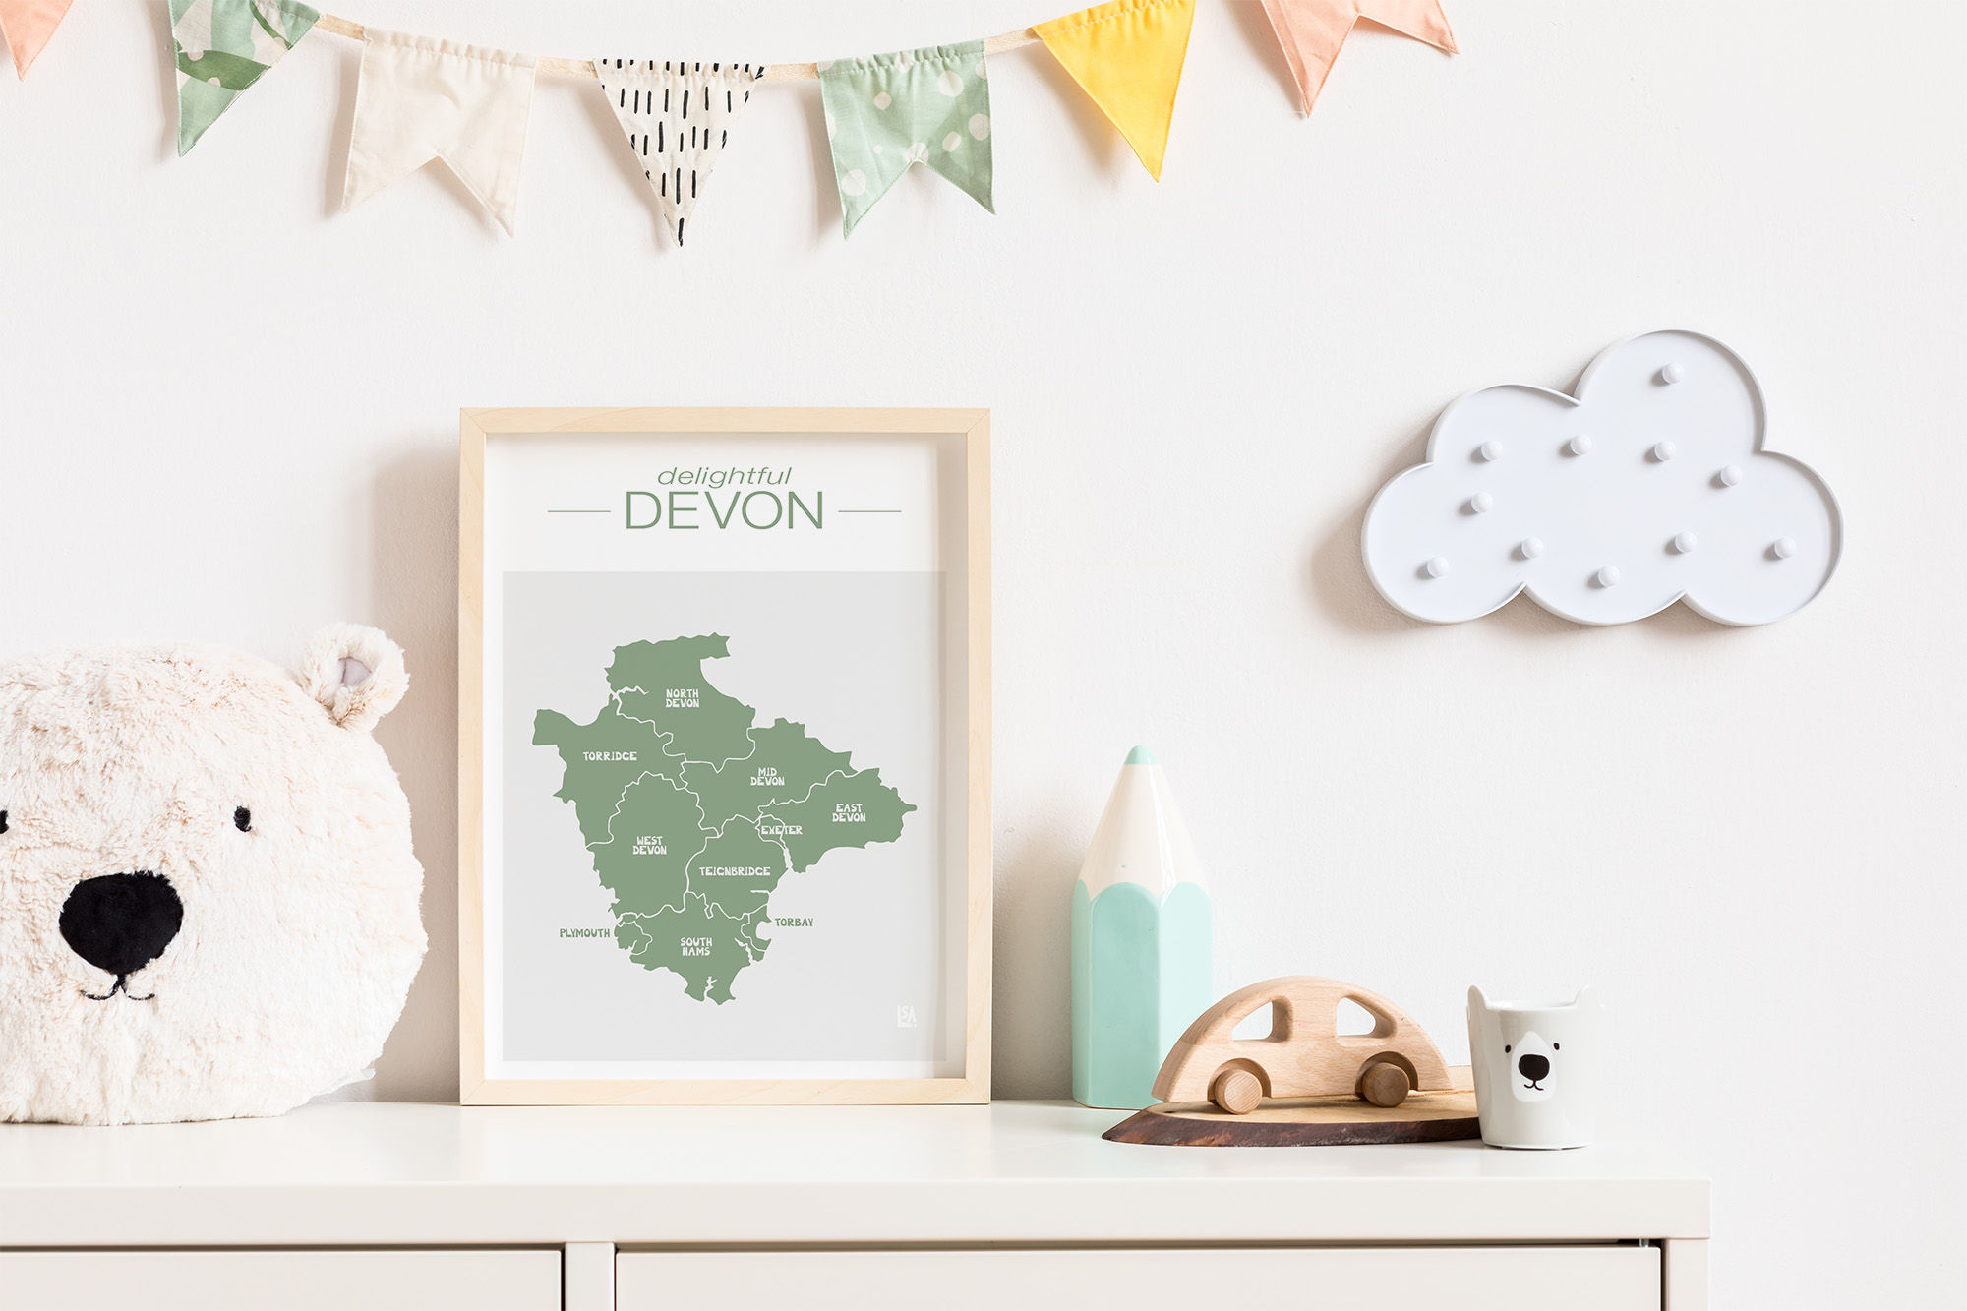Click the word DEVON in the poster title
click(x=724, y=510)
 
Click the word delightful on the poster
click(x=724, y=477)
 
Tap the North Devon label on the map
click(x=682, y=698)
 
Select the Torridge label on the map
click(x=610, y=756)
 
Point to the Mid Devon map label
click(x=767, y=777)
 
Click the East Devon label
click(x=849, y=812)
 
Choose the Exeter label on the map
click(x=782, y=830)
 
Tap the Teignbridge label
click(x=735, y=871)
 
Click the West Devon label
click(x=649, y=845)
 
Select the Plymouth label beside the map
click(x=584, y=933)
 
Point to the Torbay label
click(x=794, y=923)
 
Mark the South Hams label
click(x=696, y=946)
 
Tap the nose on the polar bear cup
click(x=1532, y=1066)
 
